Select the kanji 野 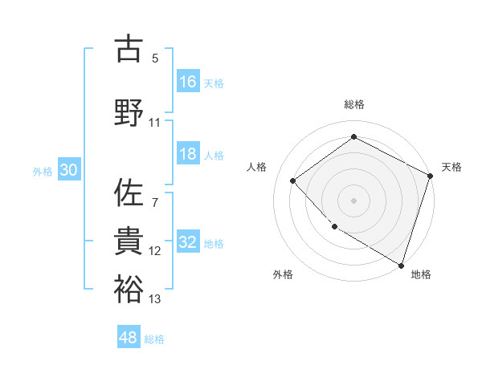click(129, 111)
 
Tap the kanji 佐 click(129, 193)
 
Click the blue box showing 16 click(189, 82)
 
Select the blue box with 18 click(189, 154)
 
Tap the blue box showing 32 click(189, 242)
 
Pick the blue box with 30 click(68, 170)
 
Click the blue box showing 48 click(129, 338)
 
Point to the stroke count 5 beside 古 click(155, 59)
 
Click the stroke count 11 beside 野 click(155, 122)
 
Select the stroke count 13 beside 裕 click(155, 299)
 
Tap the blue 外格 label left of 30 click(43, 171)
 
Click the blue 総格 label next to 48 click(154, 339)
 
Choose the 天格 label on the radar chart click(451, 167)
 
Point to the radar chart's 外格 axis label click(283, 274)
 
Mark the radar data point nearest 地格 click(400, 264)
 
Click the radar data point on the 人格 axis click(293, 180)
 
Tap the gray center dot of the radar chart click(353, 200)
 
